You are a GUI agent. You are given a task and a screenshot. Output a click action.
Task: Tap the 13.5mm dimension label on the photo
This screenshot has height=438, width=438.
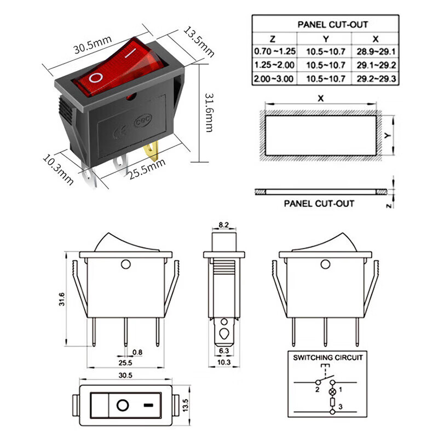pos(198,41)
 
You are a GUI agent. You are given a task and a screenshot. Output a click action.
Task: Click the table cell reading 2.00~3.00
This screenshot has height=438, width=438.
pos(274,79)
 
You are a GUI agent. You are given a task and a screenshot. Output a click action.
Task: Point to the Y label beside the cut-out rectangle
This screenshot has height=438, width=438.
pos(386,135)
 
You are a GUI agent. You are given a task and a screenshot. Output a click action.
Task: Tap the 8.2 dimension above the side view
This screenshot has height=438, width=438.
pos(224,225)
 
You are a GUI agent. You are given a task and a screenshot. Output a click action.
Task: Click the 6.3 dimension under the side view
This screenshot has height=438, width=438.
pos(223,351)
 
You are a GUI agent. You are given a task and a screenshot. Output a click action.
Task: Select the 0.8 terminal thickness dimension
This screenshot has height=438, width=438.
pos(137,352)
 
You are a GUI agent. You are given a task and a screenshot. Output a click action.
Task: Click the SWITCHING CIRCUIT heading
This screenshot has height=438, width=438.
pos(328,358)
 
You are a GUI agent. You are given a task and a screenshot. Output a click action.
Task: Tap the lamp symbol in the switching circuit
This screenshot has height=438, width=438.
pos(331,393)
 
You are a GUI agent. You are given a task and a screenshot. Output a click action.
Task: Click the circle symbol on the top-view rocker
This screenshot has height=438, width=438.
pos(123,406)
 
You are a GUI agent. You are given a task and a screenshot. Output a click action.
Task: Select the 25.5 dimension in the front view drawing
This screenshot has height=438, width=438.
pos(125,363)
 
